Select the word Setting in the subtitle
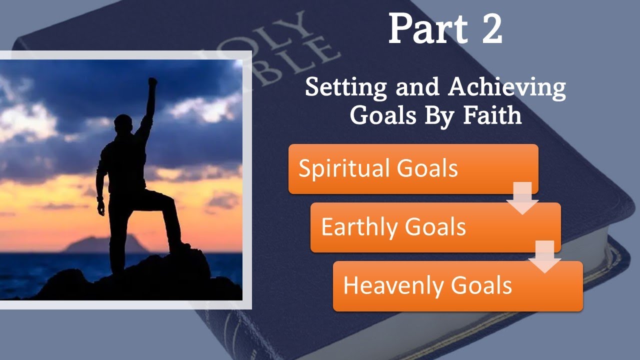(x=346, y=87)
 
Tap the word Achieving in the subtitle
(x=507, y=87)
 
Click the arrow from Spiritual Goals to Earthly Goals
(x=522, y=198)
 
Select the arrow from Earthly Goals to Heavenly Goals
(x=545, y=256)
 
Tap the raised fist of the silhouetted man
(x=152, y=82)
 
